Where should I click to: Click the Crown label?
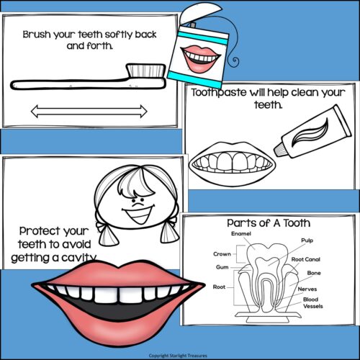click(x=222, y=254)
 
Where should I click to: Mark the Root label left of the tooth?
click(x=220, y=286)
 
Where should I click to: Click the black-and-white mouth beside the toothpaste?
click(x=231, y=161)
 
